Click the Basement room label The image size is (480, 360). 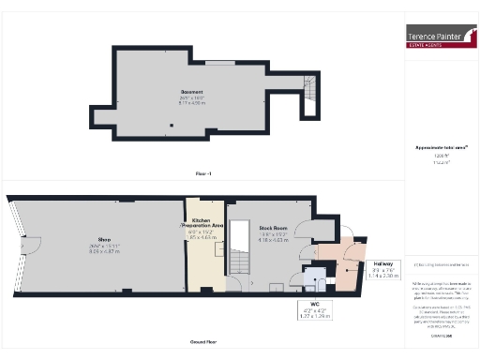click(192, 92)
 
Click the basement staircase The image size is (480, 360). click(307, 91)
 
